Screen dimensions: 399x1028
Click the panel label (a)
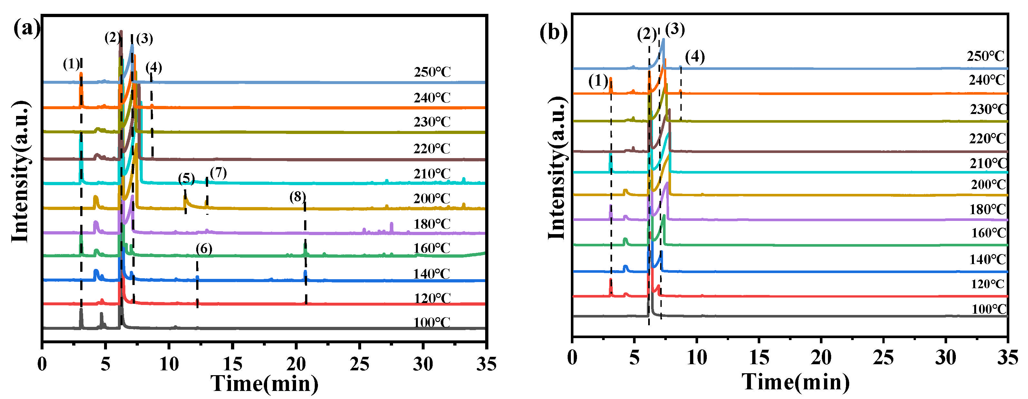pos(27,29)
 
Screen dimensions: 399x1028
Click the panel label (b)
pos(553,32)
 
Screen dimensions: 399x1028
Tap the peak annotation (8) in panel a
pos(298,197)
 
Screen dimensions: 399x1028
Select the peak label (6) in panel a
pos(204,249)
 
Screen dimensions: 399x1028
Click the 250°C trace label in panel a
pos(432,72)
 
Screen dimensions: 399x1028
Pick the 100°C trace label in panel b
pos(989,309)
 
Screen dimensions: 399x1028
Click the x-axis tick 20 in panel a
pos(296,364)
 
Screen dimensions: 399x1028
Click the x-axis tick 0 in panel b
pos(572,357)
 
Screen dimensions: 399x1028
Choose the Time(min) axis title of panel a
pos(264,384)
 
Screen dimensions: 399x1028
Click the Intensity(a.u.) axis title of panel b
pos(557,168)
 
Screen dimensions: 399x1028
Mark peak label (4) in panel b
pos(695,57)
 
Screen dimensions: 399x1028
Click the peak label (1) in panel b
pos(598,81)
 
